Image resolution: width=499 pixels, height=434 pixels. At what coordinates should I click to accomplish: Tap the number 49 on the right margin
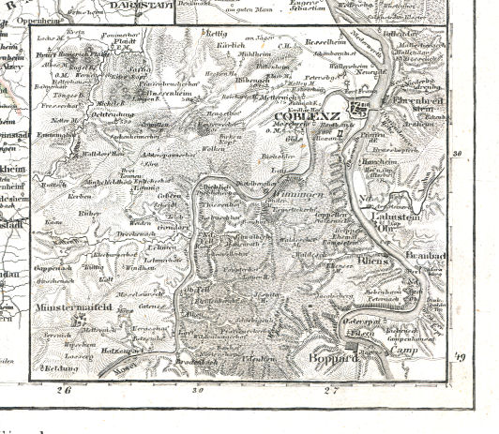point(459,355)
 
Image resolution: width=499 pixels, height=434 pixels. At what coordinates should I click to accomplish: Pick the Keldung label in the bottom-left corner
point(59,370)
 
